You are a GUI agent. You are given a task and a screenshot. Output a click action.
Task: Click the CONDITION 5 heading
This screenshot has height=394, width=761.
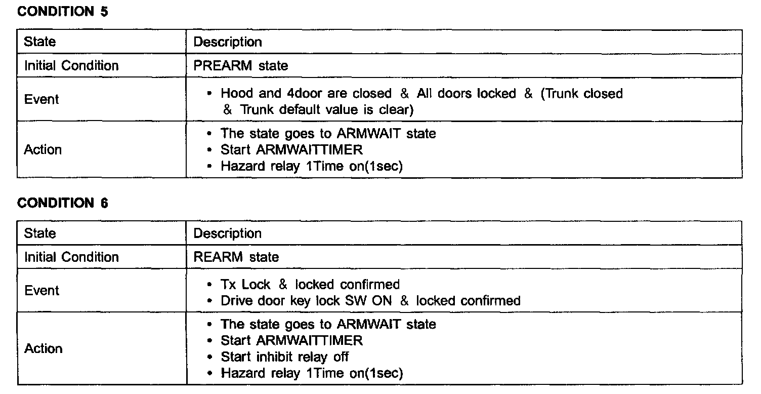63,12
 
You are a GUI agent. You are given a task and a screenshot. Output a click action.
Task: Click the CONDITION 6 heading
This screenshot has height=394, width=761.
63,203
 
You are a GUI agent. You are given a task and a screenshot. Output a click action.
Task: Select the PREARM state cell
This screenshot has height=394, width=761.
241,66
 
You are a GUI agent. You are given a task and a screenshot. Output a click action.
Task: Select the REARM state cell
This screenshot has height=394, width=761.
236,257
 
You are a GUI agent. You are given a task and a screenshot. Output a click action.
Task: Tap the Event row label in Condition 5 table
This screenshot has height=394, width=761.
41,99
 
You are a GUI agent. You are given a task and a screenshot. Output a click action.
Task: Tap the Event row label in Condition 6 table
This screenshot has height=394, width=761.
41,291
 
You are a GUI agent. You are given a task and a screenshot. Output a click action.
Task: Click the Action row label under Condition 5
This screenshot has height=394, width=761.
43,150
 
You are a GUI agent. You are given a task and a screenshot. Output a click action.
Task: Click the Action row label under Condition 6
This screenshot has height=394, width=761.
43,349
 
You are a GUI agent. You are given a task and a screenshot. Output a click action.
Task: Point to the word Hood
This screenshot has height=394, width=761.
236,94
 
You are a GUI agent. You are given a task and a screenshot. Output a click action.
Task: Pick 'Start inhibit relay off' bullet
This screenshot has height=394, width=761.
284,357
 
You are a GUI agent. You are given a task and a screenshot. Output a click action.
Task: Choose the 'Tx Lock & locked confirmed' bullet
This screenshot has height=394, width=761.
310,285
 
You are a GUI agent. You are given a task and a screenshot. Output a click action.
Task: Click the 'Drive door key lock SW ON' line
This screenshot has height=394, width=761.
370,301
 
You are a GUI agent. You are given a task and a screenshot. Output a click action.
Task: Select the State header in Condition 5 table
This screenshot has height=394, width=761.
39,42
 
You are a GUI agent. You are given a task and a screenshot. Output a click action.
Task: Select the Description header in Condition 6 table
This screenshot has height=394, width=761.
228,233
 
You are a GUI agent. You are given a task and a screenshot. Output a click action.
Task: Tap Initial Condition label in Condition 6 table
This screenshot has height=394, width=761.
71,257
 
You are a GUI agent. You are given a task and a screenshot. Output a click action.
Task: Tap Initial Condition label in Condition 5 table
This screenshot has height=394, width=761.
71,66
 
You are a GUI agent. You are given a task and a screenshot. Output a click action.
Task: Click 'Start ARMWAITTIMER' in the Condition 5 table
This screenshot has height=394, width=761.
291,150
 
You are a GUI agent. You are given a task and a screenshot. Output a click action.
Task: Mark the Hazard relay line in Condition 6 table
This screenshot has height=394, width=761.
312,373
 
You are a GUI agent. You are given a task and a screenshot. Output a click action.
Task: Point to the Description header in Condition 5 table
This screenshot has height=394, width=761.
228,42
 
